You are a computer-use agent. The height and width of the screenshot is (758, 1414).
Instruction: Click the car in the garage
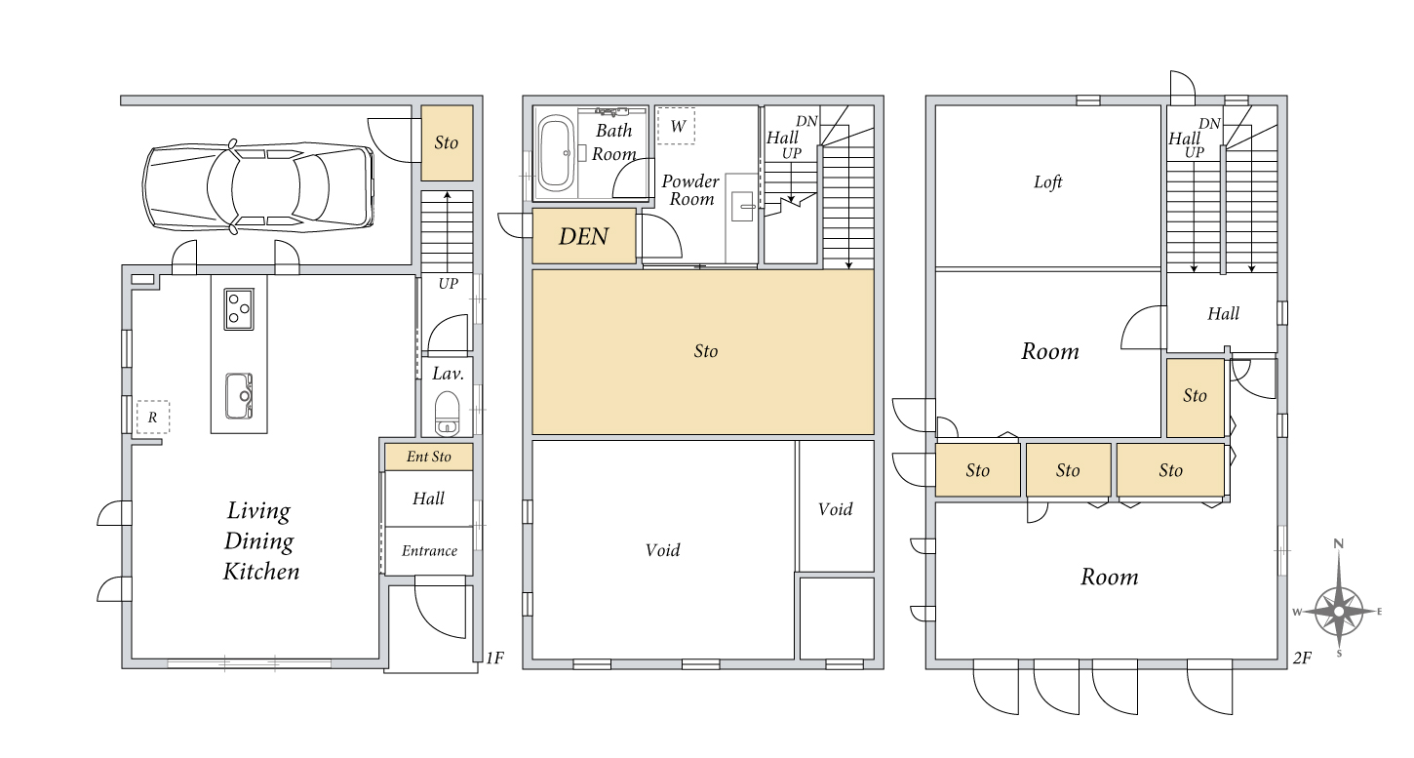[x=258, y=187]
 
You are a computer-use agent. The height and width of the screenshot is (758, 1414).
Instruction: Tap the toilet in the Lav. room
[x=447, y=414]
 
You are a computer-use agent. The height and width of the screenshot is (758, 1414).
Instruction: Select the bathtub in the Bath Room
[x=556, y=153]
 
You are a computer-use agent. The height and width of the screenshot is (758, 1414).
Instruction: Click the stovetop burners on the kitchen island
[x=239, y=309]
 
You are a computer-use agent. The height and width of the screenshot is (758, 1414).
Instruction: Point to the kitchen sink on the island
[x=239, y=396]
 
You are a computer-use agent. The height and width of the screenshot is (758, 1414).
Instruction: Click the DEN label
[x=583, y=236]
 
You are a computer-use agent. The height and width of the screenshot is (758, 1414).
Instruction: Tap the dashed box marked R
[x=153, y=417]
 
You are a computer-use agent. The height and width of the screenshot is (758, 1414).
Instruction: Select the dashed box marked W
[x=676, y=127]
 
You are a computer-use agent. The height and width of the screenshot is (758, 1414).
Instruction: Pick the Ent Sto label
[x=429, y=456]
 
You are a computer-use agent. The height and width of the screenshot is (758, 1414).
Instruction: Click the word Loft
[x=1048, y=181]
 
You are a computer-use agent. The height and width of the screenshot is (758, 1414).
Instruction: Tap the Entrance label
[x=429, y=551]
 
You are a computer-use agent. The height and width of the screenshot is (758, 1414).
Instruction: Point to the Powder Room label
[x=690, y=190]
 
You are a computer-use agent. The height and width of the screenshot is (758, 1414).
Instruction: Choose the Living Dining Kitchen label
[x=260, y=541]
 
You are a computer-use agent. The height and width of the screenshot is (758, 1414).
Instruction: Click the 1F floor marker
[x=495, y=658]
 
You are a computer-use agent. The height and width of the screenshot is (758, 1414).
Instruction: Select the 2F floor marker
[x=1302, y=658]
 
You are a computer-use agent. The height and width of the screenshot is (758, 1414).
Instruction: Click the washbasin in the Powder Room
[x=742, y=207]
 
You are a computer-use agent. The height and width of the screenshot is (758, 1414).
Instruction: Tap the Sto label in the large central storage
[x=706, y=351]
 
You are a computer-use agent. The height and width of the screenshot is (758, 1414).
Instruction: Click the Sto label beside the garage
[x=446, y=142]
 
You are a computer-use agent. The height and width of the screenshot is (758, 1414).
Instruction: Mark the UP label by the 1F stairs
[x=448, y=284]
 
